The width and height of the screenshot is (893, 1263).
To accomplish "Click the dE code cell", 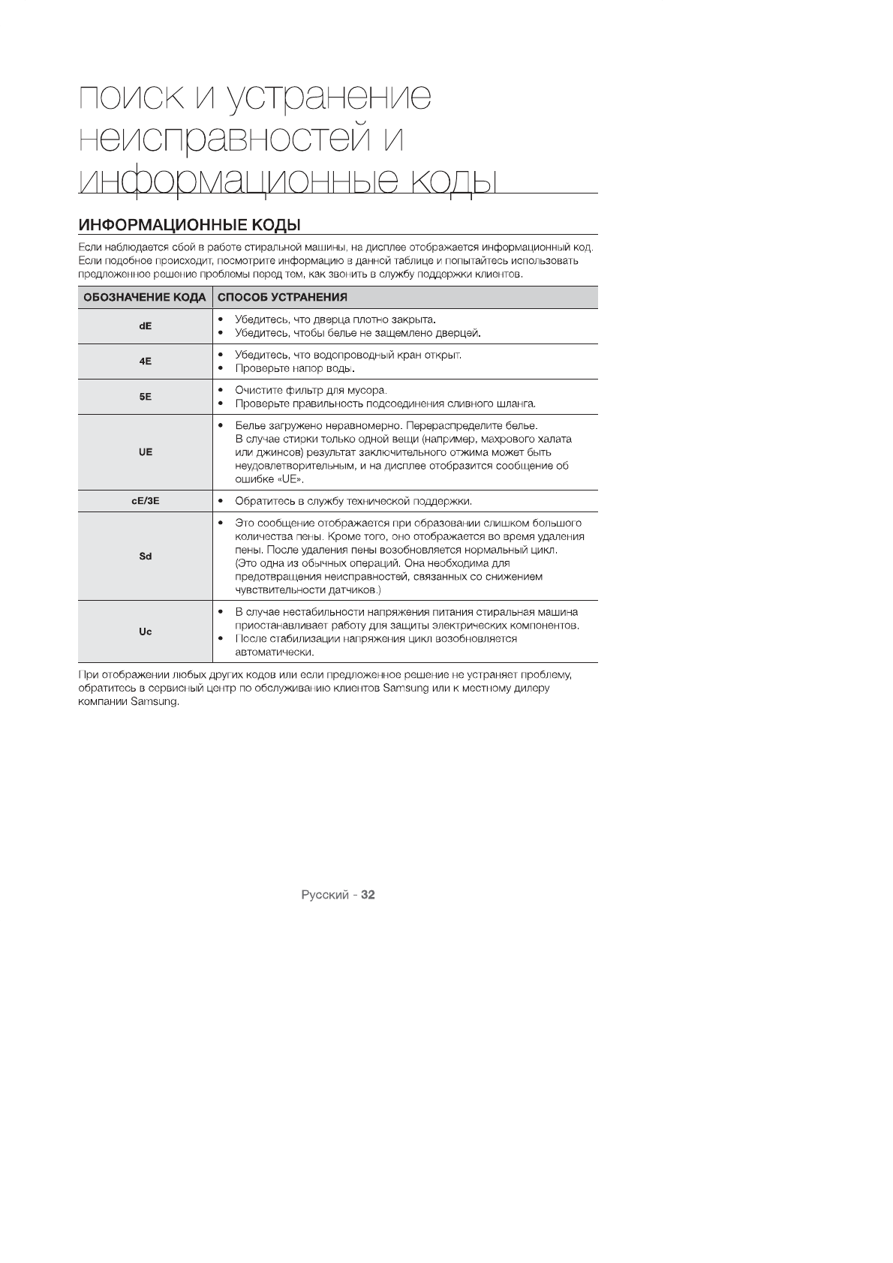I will (146, 326).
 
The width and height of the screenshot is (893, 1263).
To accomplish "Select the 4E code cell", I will (146, 361).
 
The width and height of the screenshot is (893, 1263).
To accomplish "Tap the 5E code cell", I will (146, 397).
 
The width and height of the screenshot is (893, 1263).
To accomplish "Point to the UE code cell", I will (146, 452).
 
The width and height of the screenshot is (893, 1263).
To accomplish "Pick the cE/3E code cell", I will (146, 501).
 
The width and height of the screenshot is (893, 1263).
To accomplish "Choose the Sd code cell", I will (146, 556).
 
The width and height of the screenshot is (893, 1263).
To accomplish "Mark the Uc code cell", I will (146, 631).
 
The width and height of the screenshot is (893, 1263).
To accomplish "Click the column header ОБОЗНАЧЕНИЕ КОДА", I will (145, 298).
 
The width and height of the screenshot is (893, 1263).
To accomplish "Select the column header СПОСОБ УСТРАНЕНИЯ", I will (282, 298).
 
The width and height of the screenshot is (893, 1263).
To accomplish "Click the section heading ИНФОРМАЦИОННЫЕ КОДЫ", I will (190, 225).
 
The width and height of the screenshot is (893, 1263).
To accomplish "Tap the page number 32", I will (368, 895).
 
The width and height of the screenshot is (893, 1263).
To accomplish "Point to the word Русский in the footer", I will (325, 895).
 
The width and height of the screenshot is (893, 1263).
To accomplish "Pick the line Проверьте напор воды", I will (295, 368).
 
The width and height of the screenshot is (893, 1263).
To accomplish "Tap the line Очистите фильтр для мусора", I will (311, 390).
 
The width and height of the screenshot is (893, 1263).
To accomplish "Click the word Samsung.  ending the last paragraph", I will (155, 702).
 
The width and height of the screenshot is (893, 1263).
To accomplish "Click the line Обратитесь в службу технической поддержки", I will (353, 501).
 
